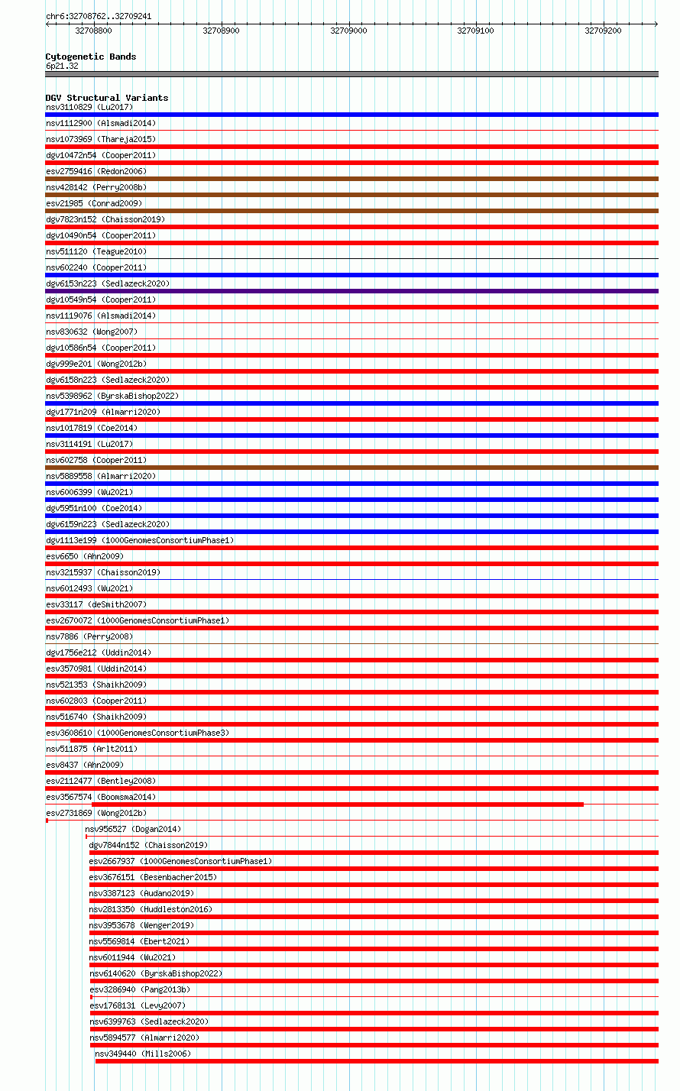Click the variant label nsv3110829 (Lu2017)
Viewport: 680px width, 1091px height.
pos(89,107)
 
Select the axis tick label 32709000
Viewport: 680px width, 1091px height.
pos(348,31)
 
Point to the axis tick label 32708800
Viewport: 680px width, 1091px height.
pos(93,31)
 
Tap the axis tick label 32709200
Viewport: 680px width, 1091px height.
pos(603,31)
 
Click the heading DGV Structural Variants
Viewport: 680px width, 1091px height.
pos(107,98)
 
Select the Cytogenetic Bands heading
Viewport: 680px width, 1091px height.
pos(90,57)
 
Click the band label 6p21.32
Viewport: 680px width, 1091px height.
pos(62,66)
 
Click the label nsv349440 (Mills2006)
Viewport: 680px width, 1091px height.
pos(143,1054)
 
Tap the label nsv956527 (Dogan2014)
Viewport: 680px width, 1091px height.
pos(133,829)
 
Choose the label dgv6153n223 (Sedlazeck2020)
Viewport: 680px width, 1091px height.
pos(108,283)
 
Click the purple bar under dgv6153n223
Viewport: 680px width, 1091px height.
pos(351,291)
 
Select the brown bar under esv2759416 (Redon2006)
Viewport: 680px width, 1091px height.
pos(351,179)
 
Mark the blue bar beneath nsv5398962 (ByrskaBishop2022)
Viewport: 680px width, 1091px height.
pos(351,403)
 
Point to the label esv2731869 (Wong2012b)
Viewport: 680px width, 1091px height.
pos(96,813)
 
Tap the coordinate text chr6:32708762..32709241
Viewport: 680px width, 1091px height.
pos(99,16)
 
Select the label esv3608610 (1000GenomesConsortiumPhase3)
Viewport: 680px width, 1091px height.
pos(138,733)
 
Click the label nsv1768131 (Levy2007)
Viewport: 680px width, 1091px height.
pos(138,1005)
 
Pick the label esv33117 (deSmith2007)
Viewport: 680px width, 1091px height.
pos(96,604)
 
